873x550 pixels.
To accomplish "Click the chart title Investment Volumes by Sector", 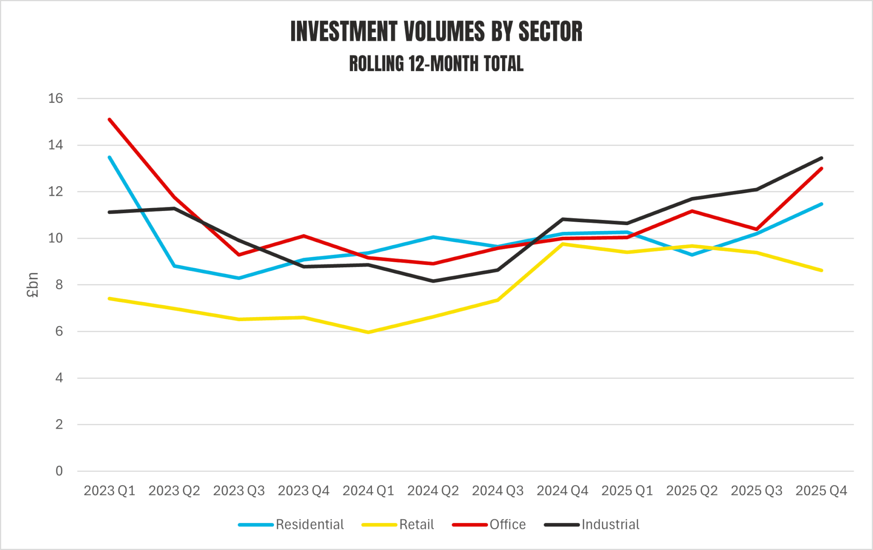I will [436, 32].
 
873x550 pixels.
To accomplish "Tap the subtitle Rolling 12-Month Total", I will [436, 64].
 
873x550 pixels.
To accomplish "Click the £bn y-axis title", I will [32, 285].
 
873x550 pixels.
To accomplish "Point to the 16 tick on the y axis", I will [55, 98].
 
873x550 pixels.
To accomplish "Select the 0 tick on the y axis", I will [59, 471].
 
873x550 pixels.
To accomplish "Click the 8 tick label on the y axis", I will [59, 285].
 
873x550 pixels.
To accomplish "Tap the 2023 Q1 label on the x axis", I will [110, 491].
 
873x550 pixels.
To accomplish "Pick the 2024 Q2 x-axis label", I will [433, 491].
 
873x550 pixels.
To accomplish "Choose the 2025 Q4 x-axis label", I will [821, 491].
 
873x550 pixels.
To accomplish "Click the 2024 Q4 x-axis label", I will [563, 491].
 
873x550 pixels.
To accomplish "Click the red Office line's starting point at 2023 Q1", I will [110, 119].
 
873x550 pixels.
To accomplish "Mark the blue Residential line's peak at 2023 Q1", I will [110, 157].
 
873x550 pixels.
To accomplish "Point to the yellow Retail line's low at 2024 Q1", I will [368, 332].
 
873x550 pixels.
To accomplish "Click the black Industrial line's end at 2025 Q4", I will [821, 158].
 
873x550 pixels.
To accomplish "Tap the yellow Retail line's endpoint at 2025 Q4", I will [821, 270].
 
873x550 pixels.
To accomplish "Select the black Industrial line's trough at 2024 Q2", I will [433, 281].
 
